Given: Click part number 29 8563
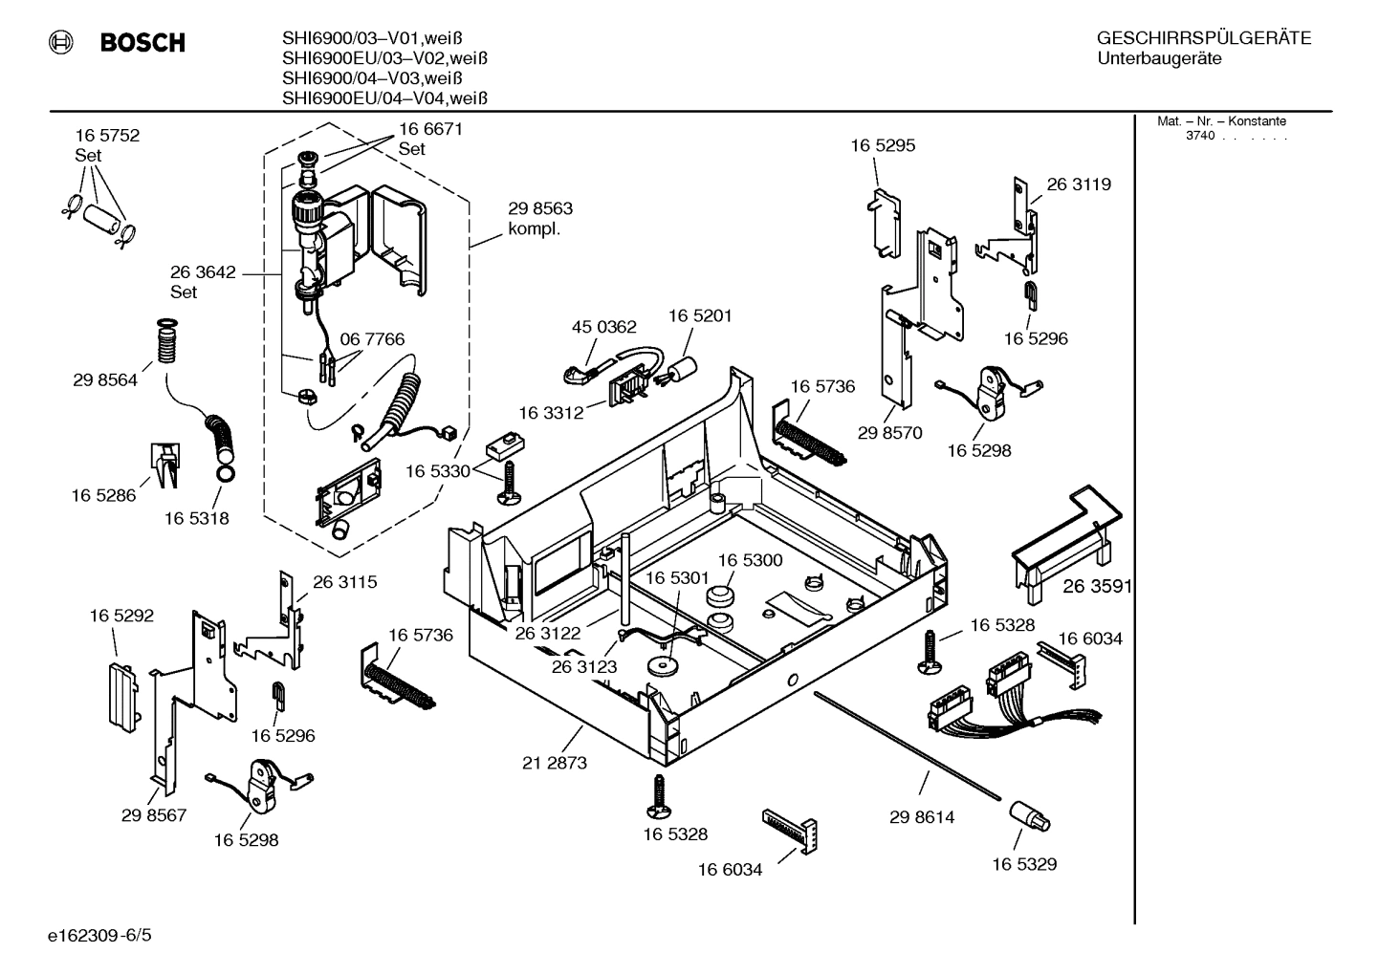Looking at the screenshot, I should pyautogui.click(x=540, y=208).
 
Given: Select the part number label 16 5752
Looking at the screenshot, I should pyautogui.click(x=107, y=136).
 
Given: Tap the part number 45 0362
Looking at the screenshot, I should pyautogui.click(x=603, y=327).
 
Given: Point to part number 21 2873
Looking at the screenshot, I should pyautogui.click(x=555, y=763).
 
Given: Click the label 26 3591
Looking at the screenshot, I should pyautogui.click(x=1096, y=586).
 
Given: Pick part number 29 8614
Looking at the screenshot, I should pyautogui.click(x=922, y=817).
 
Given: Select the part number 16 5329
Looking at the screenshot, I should pyautogui.click(x=1024, y=864).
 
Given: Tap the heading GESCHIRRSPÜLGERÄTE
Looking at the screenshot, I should pyautogui.click(x=1203, y=39).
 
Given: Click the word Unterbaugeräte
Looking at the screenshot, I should pyautogui.click(x=1159, y=59).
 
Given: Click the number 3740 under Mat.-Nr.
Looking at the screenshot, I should pyautogui.click(x=1199, y=136).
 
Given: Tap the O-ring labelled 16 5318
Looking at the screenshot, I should pyautogui.click(x=225, y=473).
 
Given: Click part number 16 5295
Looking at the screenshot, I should pyautogui.click(x=883, y=145).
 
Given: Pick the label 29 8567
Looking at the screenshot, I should pyautogui.click(x=154, y=815).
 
